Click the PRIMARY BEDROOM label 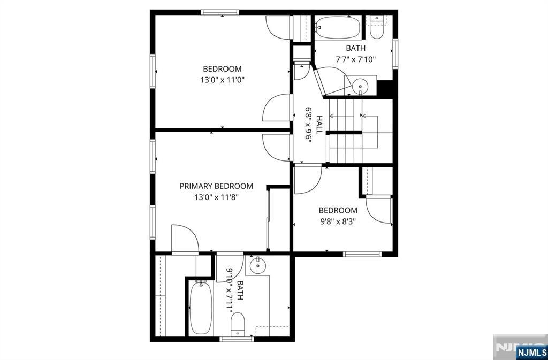tap(216, 186)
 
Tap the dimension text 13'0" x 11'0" tap(222, 80)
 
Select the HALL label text tap(319, 125)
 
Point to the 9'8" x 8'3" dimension tap(338, 221)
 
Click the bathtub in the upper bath tap(338, 28)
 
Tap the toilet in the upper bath tap(376, 27)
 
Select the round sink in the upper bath tap(359, 85)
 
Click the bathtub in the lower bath tap(201, 308)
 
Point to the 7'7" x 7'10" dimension tap(356, 60)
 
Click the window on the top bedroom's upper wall tap(220, 12)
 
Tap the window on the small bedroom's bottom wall tap(362, 254)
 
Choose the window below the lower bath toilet tap(237, 339)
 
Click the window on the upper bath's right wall tap(395, 53)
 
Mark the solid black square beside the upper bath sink tap(385, 89)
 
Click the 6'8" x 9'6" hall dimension tap(309, 125)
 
